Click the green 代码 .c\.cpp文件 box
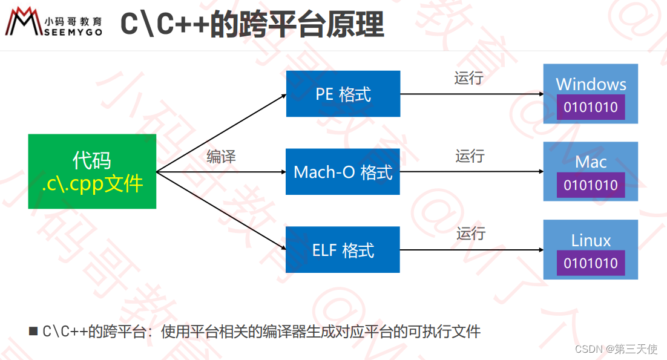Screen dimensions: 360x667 [92, 171]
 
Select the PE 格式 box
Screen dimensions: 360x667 [343, 94]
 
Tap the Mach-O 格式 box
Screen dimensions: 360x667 [343, 172]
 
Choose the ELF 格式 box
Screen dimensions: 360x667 [343, 250]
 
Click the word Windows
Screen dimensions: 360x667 [591, 84]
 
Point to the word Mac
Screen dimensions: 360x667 [591, 162]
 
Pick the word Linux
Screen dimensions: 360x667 [591, 240]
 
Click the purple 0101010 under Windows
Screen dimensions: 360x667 [591, 108]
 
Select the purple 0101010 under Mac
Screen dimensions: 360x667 [591, 185]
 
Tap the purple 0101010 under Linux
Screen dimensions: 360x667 [591, 263]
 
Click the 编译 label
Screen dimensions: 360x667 [221, 157]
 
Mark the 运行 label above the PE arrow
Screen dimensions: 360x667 [468, 78]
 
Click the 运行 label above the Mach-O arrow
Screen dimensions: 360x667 [470, 156]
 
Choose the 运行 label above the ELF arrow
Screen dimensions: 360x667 [471, 234]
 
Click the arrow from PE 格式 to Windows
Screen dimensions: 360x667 [472, 94]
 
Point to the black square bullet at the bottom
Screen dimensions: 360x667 [33, 331]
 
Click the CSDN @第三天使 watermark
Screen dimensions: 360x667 [616, 349]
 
